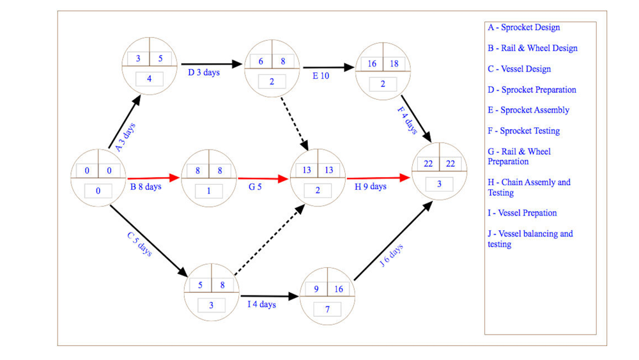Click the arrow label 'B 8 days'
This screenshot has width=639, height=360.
click(x=146, y=187)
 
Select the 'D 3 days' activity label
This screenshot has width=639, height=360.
click(x=204, y=72)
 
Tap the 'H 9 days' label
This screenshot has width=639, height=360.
click(x=371, y=187)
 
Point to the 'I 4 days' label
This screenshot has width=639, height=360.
click(x=261, y=304)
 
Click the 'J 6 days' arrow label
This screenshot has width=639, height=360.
click(x=391, y=255)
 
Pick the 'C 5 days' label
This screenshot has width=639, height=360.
click(x=140, y=244)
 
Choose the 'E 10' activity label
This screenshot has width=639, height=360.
click(x=321, y=76)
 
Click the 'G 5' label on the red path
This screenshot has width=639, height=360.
click(x=255, y=187)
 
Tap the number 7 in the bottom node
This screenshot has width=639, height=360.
click(x=327, y=309)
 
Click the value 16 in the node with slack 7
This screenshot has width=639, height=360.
click(x=339, y=289)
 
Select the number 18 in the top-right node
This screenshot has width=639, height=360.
click(x=394, y=63)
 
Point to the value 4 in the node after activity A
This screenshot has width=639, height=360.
click(x=149, y=79)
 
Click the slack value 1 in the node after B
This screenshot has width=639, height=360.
click(x=209, y=191)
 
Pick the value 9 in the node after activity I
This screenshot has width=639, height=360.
click(x=316, y=289)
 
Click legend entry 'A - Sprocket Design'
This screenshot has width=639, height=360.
click(x=524, y=27)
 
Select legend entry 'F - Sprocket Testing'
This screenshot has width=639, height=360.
click(x=524, y=131)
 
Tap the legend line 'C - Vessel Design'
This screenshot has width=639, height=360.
click(x=520, y=69)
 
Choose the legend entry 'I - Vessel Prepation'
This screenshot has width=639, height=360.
click(x=523, y=213)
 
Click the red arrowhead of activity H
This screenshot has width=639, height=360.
click(x=404, y=177)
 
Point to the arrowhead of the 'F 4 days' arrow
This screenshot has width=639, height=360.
click(x=427, y=137)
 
